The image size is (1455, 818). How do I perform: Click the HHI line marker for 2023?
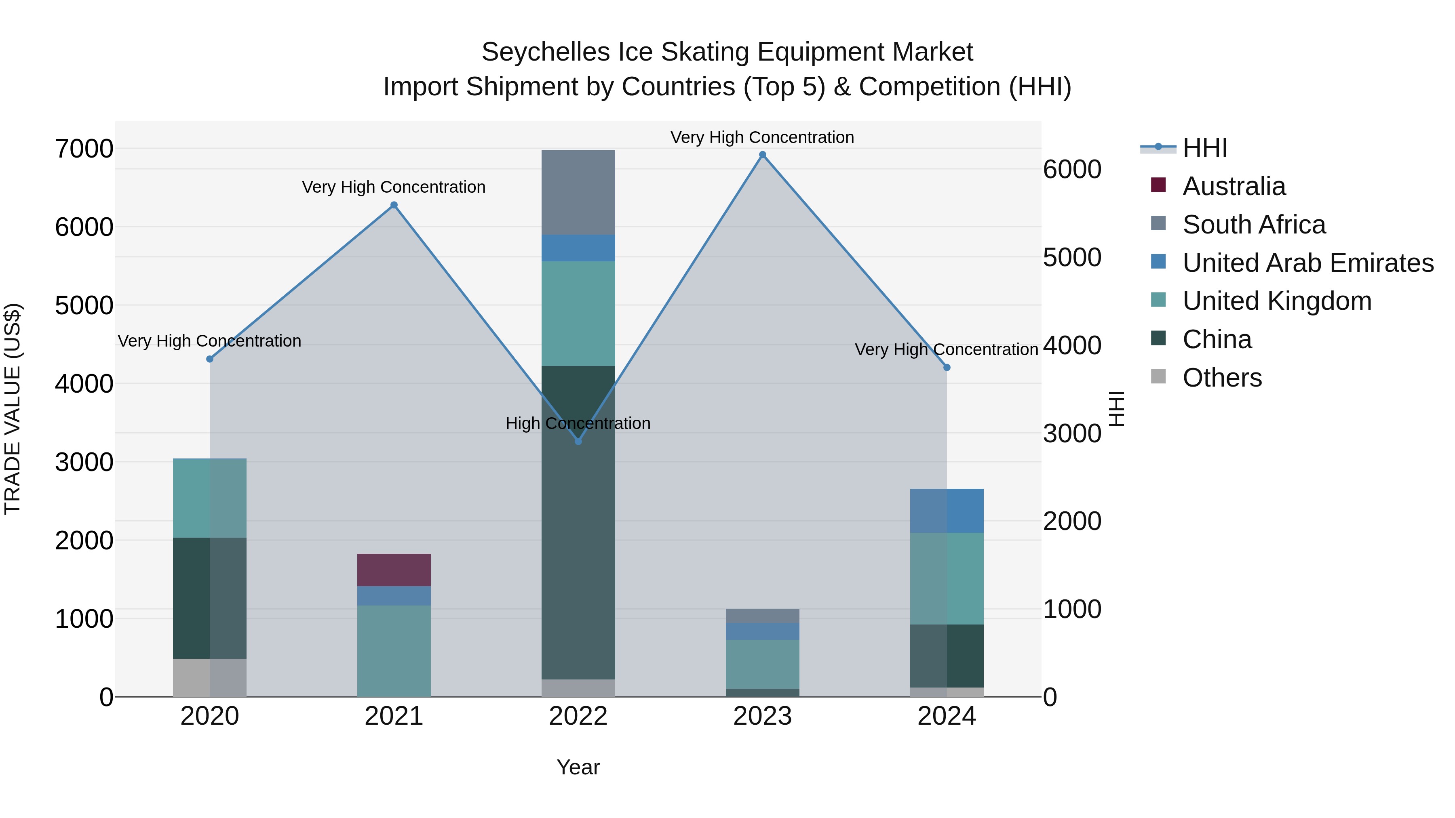763,155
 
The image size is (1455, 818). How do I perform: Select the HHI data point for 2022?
578,442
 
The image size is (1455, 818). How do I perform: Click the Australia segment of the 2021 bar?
394,570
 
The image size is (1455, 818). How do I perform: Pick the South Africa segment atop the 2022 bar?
578,192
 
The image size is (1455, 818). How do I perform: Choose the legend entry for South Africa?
1253,225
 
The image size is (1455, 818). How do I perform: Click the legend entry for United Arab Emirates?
1307,263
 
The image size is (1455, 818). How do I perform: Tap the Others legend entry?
1222,378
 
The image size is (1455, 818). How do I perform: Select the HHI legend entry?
1204,148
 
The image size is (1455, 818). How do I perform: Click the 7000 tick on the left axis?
84,149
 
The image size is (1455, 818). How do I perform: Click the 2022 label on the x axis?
578,716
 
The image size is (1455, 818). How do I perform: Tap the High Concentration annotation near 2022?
578,423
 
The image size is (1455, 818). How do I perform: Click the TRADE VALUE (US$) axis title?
13,409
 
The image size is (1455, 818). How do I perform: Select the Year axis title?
578,767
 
